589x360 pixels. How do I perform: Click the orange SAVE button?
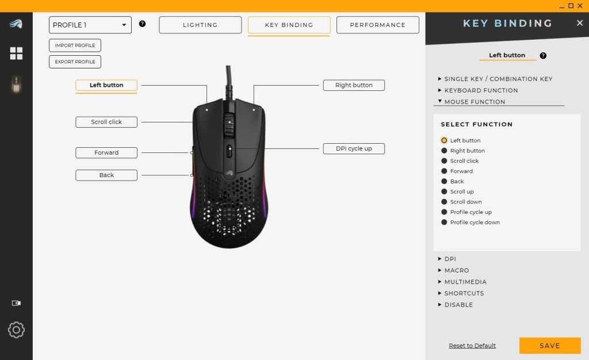click(549, 346)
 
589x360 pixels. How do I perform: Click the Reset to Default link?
click(472, 346)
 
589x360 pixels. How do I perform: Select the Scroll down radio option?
click(444, 202)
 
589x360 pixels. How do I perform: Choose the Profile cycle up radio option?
click(444, 212)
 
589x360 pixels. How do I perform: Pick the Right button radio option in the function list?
click(444, 151)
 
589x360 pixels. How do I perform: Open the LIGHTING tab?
click(200, 25)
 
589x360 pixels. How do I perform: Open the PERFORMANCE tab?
click(377, 25)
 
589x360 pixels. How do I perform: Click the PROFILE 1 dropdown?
click(90, 25)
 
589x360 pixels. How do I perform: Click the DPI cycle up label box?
click(353, 148)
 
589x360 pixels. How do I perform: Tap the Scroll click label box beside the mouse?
click(106, 122)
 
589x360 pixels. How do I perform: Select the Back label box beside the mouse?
click(106, 175)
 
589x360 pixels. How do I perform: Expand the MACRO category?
click(457, 270)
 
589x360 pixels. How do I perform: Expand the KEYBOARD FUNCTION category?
click(481, 90)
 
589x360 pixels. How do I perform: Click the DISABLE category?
click(458, 305)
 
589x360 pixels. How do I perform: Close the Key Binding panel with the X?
click(580, 23)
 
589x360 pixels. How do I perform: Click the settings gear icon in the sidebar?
click(16, 330)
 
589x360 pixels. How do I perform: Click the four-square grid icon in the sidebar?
click(16, 53)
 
